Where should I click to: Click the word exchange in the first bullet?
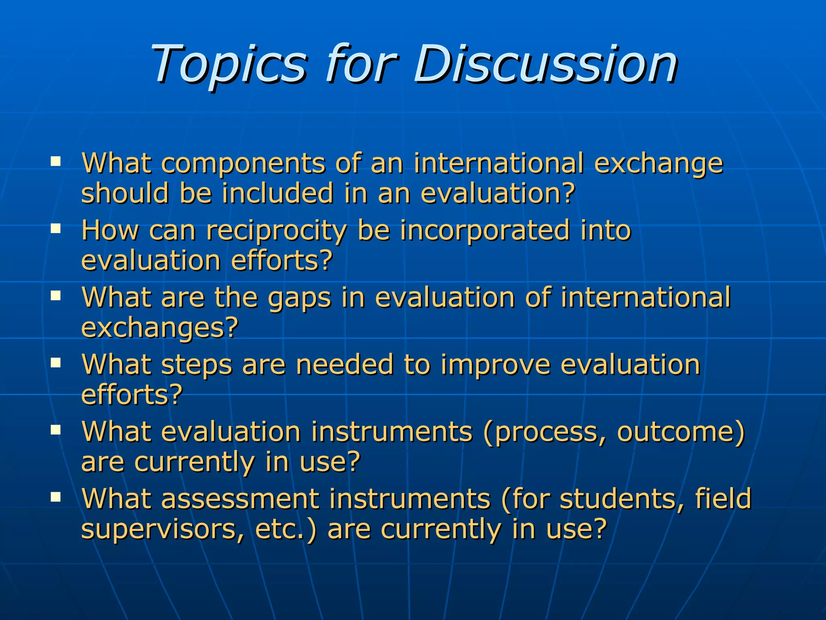point(659,164)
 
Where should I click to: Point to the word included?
point(278,193)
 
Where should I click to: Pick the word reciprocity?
point(276,231)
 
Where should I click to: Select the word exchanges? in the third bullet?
point(160,328)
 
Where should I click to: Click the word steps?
point(197,365)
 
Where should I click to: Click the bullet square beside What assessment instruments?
point(56,497)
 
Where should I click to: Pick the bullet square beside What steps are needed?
point(56,363)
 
